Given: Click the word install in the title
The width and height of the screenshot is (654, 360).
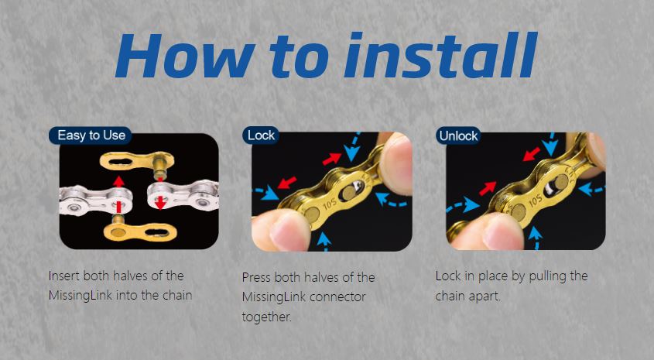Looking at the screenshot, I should pyautogui.click(x=434, y=55).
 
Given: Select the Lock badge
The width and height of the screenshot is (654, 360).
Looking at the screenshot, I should pyautogui.click(x=261, y=135).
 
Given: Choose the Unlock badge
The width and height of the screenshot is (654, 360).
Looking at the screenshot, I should pyautogui.click(x=458, y=135).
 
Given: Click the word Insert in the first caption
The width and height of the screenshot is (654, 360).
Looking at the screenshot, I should pyautogui.click(x=63, y=276).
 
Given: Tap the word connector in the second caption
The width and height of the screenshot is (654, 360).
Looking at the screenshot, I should pyautogui.click(x=338, y=297).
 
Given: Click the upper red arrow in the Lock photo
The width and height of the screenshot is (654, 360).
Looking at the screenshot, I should pyautogui.click(x=330, y=159).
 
